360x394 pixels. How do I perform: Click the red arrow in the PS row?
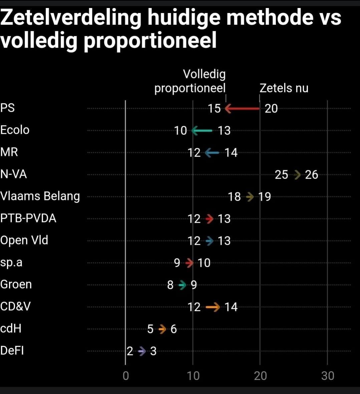[243, 109]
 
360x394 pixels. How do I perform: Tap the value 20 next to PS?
[271, 109]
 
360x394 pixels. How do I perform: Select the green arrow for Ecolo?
[202, 131]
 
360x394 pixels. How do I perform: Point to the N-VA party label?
[14, 174]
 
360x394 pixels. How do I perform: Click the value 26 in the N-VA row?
[311, 175]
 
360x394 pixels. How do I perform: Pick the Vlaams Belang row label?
[40, 196]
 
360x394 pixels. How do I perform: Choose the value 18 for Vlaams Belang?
[234, 197]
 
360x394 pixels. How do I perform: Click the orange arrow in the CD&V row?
[213, 307]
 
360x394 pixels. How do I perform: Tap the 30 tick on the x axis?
[328, 376]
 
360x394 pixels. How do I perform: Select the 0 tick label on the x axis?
[126, 376]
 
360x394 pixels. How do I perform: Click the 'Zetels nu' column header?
[284, 88]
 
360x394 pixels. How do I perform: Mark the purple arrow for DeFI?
[142, 351]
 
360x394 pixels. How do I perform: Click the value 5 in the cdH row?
[150, 329]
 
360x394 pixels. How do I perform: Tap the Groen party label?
[16, 284]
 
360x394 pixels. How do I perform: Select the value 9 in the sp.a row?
[177, 263]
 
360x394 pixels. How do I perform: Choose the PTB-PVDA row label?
[28, 218]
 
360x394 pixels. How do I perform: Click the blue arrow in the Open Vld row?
[210, 241]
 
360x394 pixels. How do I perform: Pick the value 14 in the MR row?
[231, 153]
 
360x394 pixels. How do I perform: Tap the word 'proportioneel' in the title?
[150, 40]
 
